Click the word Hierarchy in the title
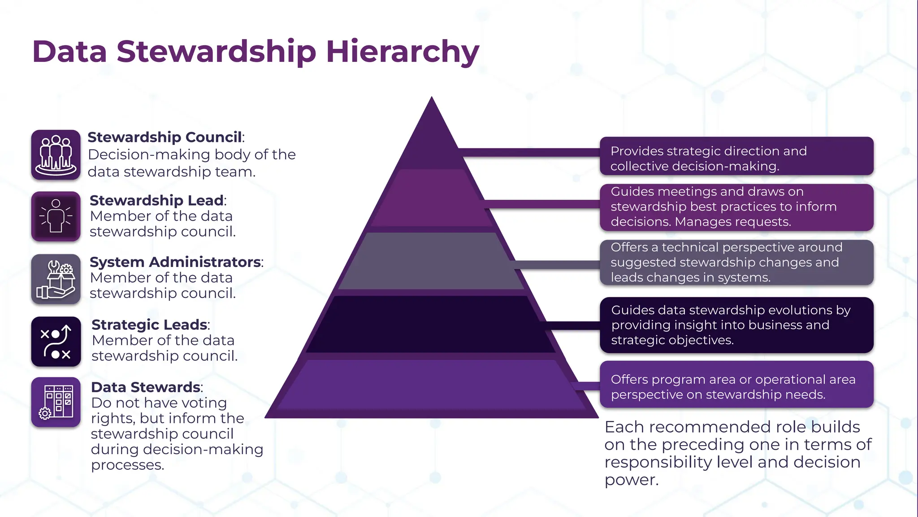coord(403,52)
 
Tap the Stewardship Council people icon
coord(56,155)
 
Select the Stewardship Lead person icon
coord(56,216)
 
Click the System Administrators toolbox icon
coord(56,279)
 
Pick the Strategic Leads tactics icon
coord(56,342)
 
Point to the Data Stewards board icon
coord(56,402)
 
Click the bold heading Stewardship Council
coord(165,137)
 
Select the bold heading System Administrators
coord(176,262)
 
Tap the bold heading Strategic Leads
coord(150,324)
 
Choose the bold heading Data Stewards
coord(146,387)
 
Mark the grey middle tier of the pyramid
coord(431,261)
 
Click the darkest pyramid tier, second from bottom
coord(431,324)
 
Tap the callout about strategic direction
coord(736,156)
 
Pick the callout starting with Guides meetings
coord(736,207)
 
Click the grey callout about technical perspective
coord(736,263)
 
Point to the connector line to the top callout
coord(529,153)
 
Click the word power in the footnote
coord(632,480)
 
